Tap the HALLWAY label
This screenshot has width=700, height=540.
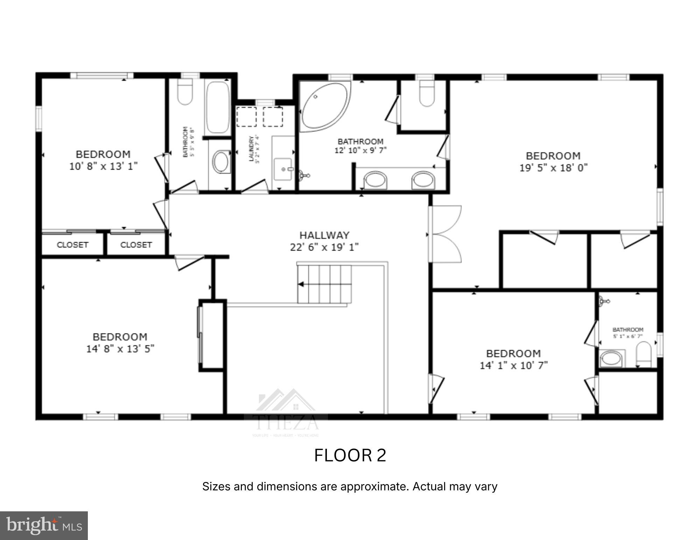click(324, 235)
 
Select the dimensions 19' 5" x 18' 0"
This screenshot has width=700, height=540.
click(553, 168)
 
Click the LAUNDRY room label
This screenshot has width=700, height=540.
click(251, 149)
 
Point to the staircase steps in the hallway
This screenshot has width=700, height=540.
click(324, 284)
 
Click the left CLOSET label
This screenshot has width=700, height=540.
click(72, 245)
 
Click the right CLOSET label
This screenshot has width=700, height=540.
click(136, 245)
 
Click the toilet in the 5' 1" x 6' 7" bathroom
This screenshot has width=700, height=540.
click(643, 354)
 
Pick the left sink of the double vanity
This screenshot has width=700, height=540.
click(376, 180)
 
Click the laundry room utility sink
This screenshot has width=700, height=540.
click(283, 169)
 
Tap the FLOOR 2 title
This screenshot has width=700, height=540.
click(350, 455)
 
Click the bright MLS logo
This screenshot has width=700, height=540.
click(44, 525)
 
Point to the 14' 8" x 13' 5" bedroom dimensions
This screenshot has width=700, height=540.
click(120, 349)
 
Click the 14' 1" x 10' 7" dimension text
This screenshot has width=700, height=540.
click(513, 366)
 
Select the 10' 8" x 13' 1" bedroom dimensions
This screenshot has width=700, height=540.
click(103, 166)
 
